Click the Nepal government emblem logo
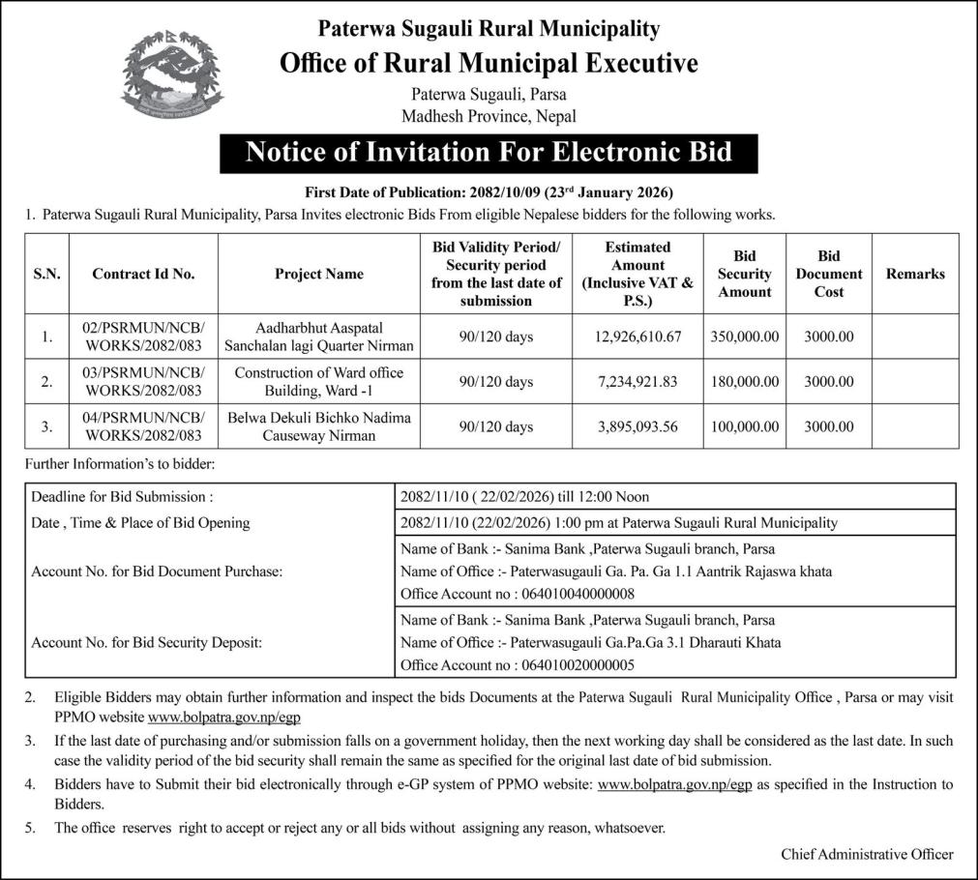tap(172, 74)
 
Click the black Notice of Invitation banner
tap(489, 153)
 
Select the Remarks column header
tap(914, 274)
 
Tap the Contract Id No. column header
tap(143, 274)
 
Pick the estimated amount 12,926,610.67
tap(637, 337)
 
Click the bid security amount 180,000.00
tap(744, 382)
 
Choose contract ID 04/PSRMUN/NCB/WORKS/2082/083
tap(143, 426)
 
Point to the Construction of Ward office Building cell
tap(318, 382)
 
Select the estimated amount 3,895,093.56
tap(637, 426)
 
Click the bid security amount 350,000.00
tap(744, 337)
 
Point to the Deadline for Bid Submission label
tap(122, 497)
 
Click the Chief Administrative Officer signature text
tap(867, 854)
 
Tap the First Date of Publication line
tap(489, 191)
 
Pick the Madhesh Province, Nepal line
tap(489, 116)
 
